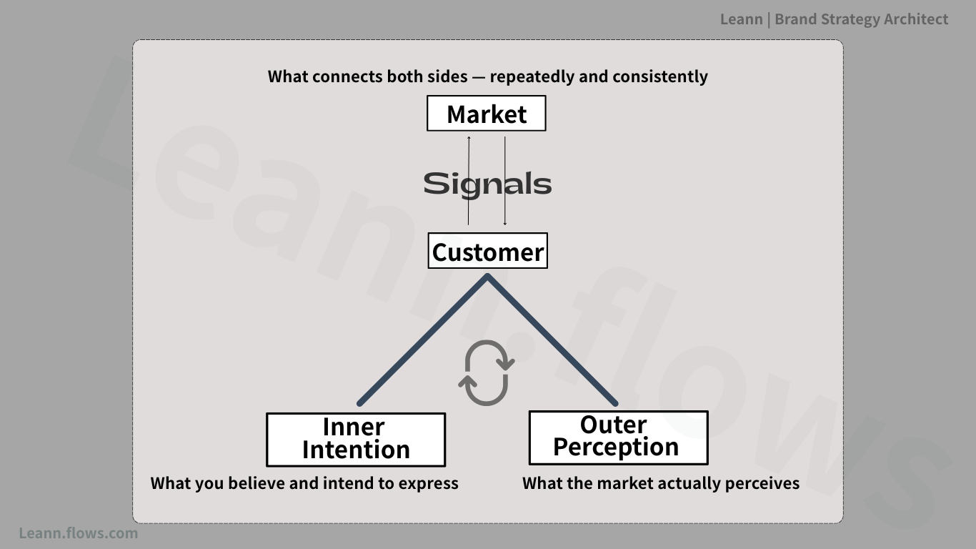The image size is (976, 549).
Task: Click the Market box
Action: coord(487,114)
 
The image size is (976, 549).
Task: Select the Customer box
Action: coord(487,251)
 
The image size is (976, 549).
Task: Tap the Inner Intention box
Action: coord(356,440)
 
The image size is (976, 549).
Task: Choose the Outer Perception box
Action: coord(618,437)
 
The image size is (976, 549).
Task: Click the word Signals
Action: coord(487,184)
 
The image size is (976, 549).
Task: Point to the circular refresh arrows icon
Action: coord(487,373)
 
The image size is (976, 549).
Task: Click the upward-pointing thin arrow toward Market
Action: coord(469,181)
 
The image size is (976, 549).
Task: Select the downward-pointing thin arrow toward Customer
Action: coord(505,181)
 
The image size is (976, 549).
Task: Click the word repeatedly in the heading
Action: coord(532,77)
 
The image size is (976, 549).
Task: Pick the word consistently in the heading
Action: coord(660,76)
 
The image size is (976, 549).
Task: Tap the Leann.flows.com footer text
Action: coord(79,533)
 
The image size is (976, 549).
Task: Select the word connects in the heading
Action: coord(347,76)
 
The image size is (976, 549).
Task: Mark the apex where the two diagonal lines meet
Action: coord(487,277)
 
